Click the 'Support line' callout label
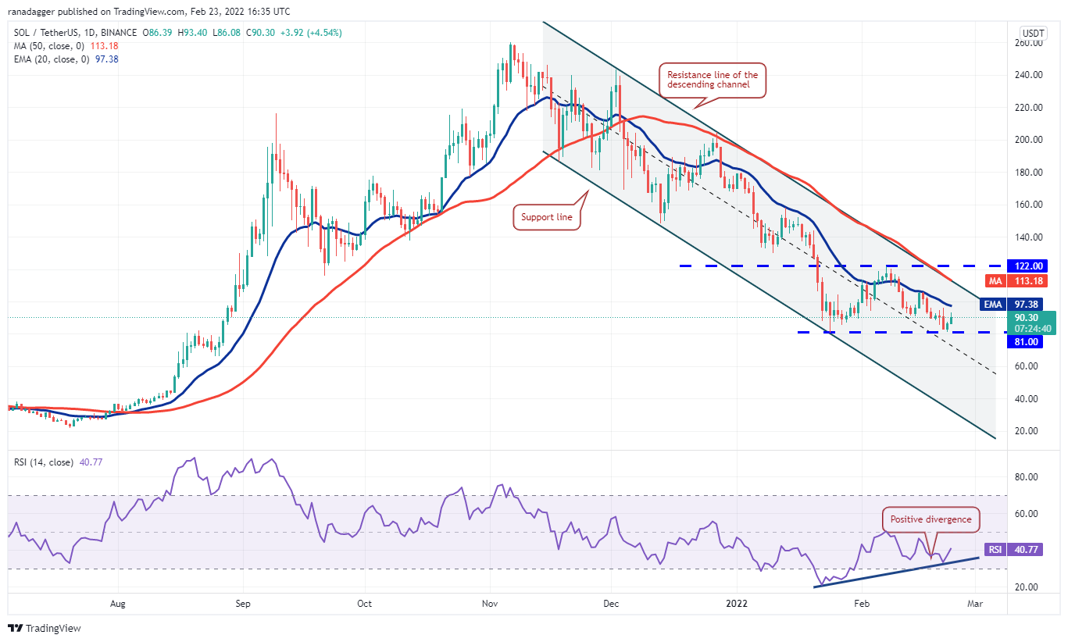click(x=548, y=218)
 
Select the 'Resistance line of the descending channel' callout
click(x=712, y=80)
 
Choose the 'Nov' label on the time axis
click(x=491, y=603)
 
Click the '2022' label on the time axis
click(x=737, y=603)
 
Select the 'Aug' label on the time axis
click(x=118, y=603)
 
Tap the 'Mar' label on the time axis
click(x=975, y=603)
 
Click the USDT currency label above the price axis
click(x=1033, y=33)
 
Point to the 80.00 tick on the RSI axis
click(x=1026, y=476)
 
